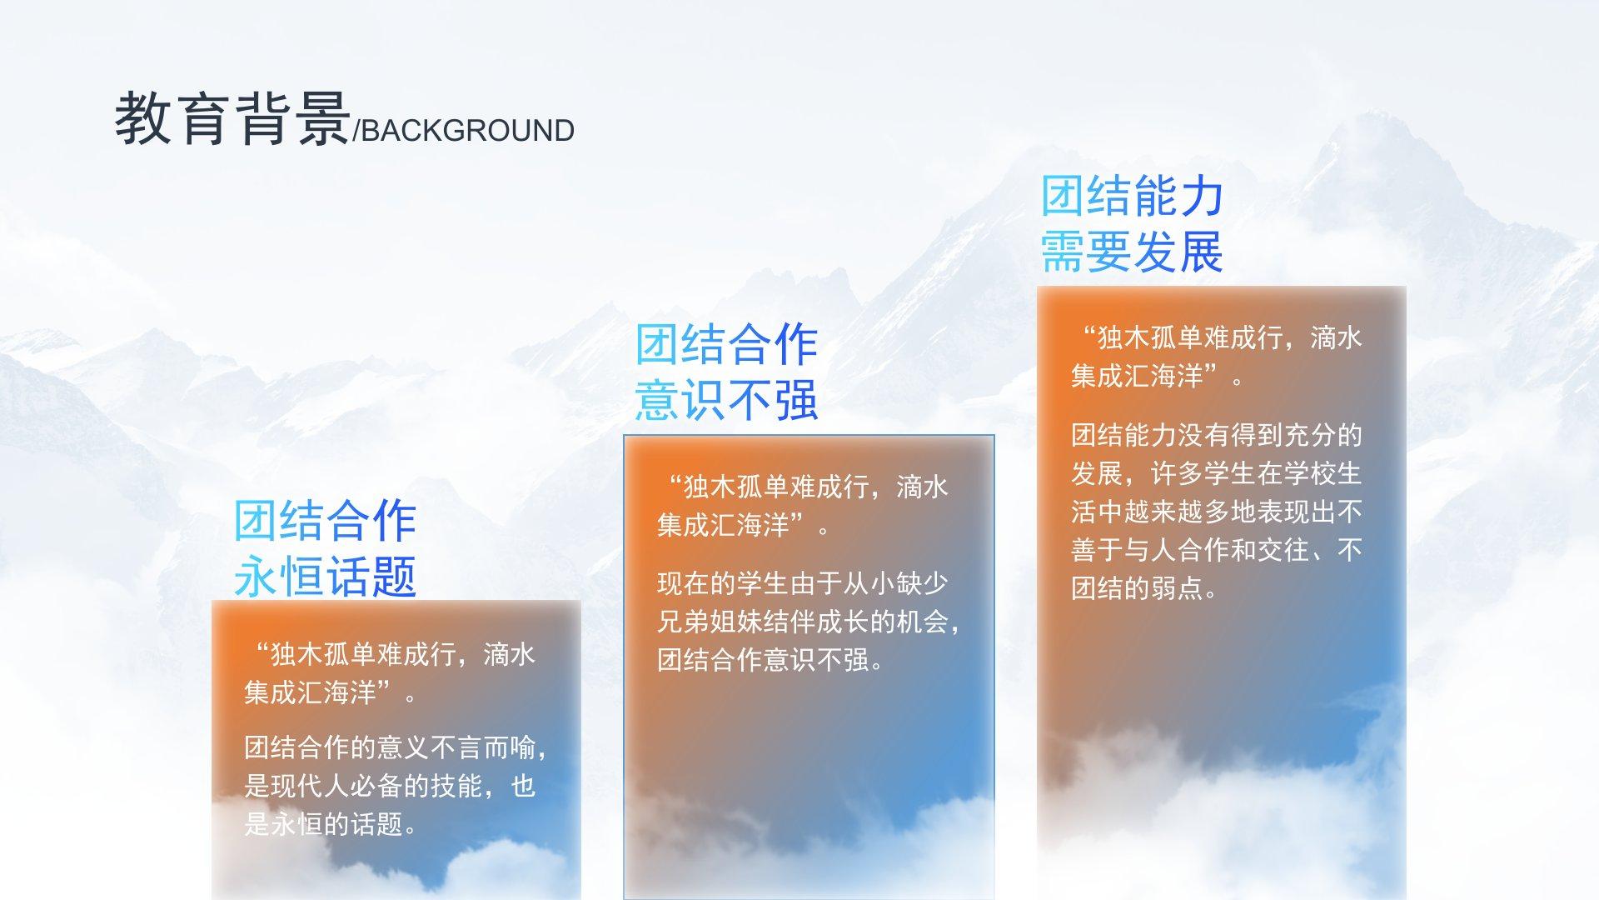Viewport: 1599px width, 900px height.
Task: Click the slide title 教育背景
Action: pyautogui.click(x=232, y=118)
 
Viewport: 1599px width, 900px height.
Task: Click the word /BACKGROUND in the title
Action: pyautogui.click(x=464, y=131)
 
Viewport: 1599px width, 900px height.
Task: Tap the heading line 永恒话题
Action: pyautogui.click(x=325, y=576)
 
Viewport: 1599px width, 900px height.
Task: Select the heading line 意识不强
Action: pyautogui.click(x=726, y=400)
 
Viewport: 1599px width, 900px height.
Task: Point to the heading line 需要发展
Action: pyautogui.click(x=1132, y=252)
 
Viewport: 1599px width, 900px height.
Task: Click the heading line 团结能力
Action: pyautogui.click(x=1132, y=197)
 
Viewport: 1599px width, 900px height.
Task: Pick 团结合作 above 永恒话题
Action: pyautogui.click(x=325, y=521)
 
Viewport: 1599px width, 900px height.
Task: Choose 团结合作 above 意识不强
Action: pyautogui.click(x=726, y=345)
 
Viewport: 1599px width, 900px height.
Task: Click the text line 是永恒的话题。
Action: pyautogui.click(x=331, y=824)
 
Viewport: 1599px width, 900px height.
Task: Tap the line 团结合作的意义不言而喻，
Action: pyautogui.click(x=396, y=747)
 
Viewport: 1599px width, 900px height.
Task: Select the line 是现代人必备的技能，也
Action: pyautogui.click(x=390, y=786)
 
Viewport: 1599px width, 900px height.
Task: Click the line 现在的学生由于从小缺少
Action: pyautogui.click(x=803, y=583)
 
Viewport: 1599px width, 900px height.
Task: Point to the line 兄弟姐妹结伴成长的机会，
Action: pyautogui.click(x=809, y=622)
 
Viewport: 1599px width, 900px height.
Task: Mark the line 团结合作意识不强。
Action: pyautogui.click(x=770, y=660)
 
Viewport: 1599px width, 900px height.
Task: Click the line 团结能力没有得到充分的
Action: pyautogui.click(x=1217, y=435)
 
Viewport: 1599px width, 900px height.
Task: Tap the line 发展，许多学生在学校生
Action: pyautogui.click(x=1217, y=473)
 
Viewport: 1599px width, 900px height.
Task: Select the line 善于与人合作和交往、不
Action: pyautogui.click(x=1217, y=550)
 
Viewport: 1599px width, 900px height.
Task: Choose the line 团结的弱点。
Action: pyautogui.click(x=1145, y=588)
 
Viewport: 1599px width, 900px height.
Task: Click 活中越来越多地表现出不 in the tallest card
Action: pyautogui.click(x=1217, y=512)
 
